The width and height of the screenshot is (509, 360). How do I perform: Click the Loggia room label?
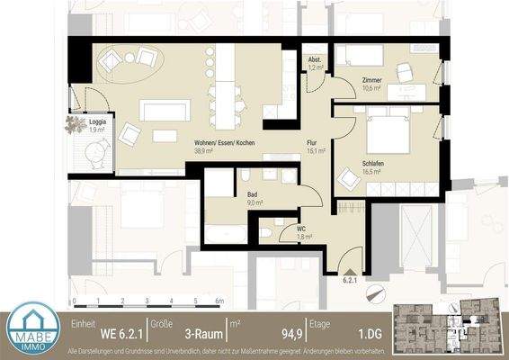pos(77,121)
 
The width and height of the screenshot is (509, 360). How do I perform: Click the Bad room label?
pos(254,193)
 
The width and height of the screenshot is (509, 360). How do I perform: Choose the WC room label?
pos(302,229)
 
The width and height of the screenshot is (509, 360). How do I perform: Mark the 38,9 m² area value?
pos(204,152)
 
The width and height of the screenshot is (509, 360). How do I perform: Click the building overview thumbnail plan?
pos(450,328)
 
